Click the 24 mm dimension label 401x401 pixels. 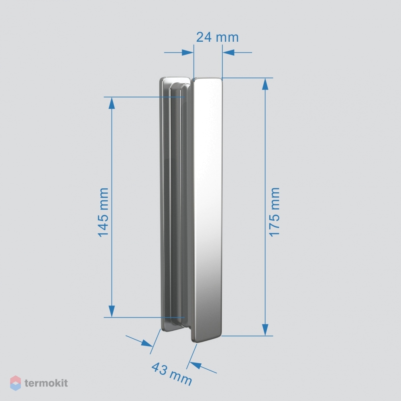218,37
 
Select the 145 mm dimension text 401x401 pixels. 104,212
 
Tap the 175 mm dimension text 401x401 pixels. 275,212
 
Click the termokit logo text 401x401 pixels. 46,383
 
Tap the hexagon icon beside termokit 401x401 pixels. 15,383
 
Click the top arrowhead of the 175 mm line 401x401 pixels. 265,84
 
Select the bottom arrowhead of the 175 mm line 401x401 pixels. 265,330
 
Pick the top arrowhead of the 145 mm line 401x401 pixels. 112,103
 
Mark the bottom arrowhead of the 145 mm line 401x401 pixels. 112,311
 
